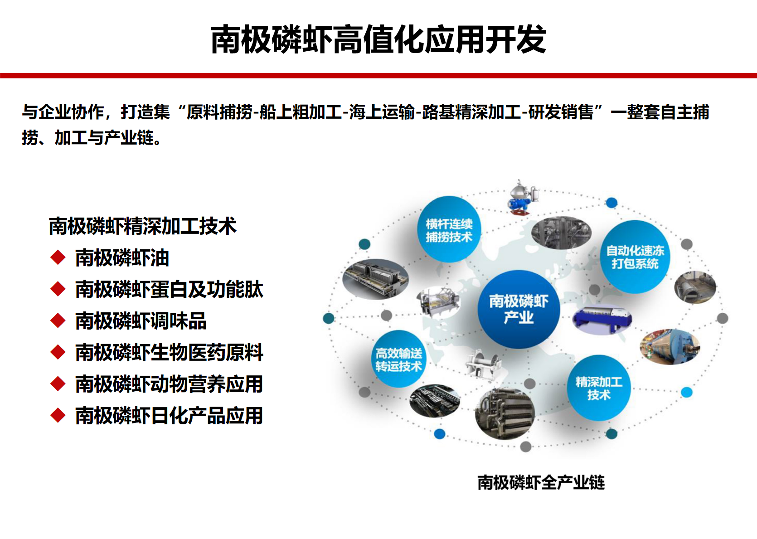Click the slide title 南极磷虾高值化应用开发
click(378, 39)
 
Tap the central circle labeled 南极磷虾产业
click(519, 309)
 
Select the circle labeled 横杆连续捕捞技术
click(449, 229)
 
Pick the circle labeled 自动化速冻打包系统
click(635, 257)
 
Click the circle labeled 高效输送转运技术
click(399, 359)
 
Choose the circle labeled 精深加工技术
click(598, 388)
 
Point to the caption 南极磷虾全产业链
click(541, 482)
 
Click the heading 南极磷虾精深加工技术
click(143, 226)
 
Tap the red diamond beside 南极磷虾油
click(58, 257)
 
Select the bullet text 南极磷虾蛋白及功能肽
click(170, 289)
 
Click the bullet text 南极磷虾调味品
click(141, 320)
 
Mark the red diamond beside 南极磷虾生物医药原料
click(58, 353)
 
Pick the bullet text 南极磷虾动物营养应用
click(170, 384)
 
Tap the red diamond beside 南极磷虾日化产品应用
click(58, 415)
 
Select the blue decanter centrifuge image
click(602, 320)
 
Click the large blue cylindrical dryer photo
click(670, 347)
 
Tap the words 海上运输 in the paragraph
click(382, 112)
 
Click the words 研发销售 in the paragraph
click(561, 112)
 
